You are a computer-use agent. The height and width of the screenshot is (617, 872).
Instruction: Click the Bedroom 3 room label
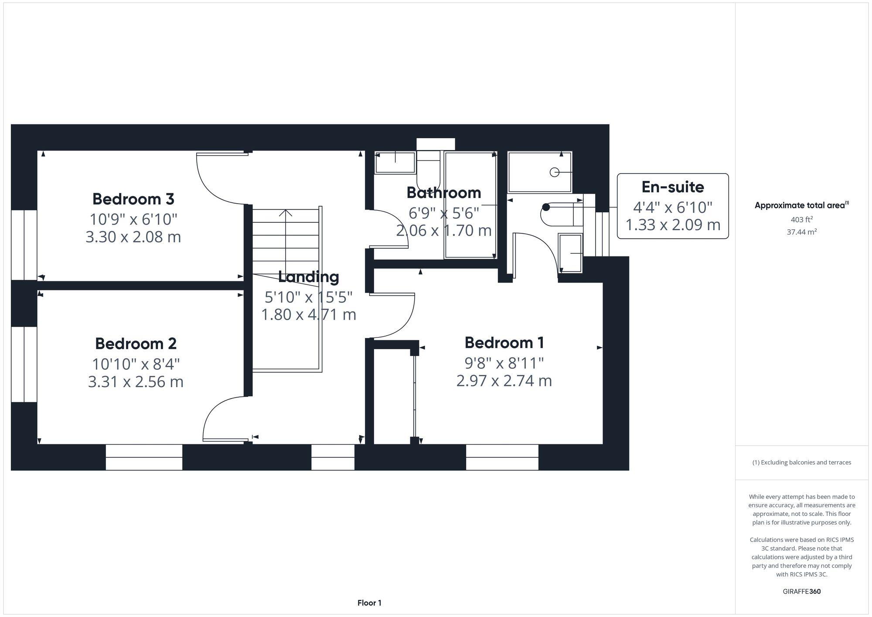[x=133, y=199]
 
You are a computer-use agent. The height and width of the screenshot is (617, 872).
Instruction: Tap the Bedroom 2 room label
[x=136, y=344]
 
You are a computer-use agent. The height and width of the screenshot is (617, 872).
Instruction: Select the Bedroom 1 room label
[x=504, y=343]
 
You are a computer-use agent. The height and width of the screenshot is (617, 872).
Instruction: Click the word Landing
[x=308, y=277]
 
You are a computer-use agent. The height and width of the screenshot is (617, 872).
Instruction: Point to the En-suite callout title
[x=672, y=187]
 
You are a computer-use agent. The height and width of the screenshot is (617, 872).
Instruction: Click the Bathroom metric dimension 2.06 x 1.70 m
[x=443, y=230]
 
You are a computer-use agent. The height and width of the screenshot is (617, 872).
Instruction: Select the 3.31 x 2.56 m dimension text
[x=136, y=382]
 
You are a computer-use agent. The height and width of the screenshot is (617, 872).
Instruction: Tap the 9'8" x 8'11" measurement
[x=504, y=362]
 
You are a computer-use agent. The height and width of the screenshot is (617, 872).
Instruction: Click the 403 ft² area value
[x=801, y=220]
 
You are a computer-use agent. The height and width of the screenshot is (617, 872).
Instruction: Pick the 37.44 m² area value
[x=801, y=232]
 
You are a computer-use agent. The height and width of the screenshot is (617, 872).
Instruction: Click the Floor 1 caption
[x=369, y=603]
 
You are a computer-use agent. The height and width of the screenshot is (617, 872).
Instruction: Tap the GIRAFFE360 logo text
[x=801, y=591]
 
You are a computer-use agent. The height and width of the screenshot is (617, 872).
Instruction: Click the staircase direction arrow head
[x=286, y=212]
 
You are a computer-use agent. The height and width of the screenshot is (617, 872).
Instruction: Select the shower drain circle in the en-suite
[x=554, y=172]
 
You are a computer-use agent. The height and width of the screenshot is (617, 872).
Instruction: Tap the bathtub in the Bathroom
[x=470, y=205]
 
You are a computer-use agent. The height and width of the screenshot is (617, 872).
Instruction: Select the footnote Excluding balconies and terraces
[x=801, y=462]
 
